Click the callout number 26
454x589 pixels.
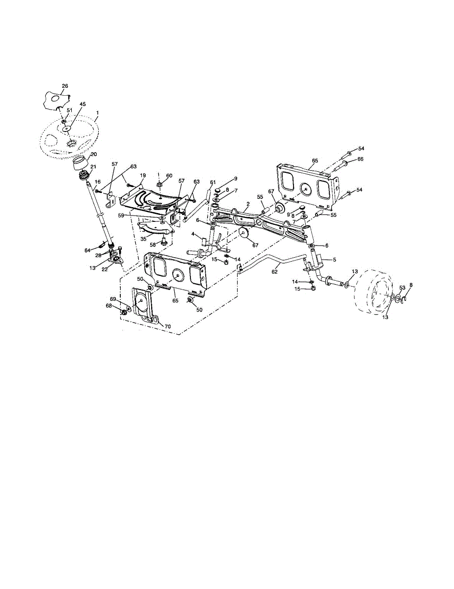[x=65, y=86]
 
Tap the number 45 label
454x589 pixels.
[x=82, y=104]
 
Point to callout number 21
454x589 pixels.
[x=93, y=167]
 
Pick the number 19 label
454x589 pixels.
[x=143, y=175]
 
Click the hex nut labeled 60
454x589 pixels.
[x=160, y=186]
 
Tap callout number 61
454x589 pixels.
[x=213, y=183]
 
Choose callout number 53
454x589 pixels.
[x=402, y=288]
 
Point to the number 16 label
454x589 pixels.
[x=98, y=182]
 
